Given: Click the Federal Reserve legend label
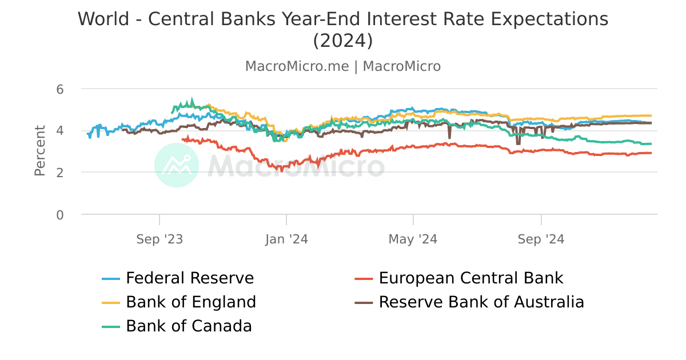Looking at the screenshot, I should [x=190, y=278].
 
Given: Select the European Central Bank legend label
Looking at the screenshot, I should [x=471, y=278].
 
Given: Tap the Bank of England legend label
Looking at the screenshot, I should [x=191, y=302].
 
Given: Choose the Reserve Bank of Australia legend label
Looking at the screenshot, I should [x=481, y=302].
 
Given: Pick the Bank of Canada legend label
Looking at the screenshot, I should [x=189, y=326].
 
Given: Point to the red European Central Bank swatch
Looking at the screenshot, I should [x=364, y=279].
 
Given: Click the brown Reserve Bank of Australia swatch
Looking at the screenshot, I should [x=364, y=302].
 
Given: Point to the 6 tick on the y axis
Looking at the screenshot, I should [x=60, y=89].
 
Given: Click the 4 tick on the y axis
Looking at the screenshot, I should [x=60, y=131].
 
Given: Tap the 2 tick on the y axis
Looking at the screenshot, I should [x=60, y=173].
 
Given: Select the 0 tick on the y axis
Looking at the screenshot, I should [x=60, y=215].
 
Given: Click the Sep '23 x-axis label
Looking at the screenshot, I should [x=159, y=239].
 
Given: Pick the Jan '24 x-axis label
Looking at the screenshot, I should [x=286, y=239].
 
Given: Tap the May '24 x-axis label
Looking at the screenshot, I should [x=413, y=239].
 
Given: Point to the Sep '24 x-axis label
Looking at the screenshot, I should [x=541, y=239].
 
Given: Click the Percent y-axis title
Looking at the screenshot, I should [x=39, y=151].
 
